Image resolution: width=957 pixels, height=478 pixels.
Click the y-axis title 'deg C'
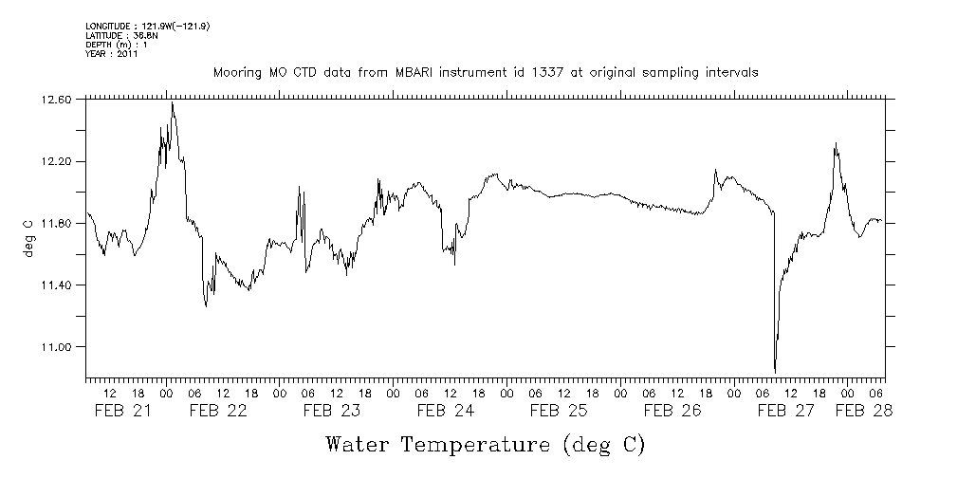(28, 238)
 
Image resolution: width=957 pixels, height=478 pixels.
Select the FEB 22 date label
(217, 411)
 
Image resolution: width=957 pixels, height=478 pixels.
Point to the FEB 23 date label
(331, 411)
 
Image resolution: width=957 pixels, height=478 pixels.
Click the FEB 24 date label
(445, 411)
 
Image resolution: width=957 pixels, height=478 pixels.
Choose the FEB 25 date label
(559, 411)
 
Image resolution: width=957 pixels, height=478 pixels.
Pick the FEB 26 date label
(672, 411)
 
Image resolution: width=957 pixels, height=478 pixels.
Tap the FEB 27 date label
(785, 411)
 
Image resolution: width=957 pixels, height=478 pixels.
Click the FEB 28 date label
(863, 411)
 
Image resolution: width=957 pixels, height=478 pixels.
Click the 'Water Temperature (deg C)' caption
(485, 444)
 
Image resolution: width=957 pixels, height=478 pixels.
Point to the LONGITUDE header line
(147, 26)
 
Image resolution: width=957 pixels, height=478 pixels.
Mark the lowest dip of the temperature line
(775, 372)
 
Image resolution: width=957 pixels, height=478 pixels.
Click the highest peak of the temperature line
(172, 102)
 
